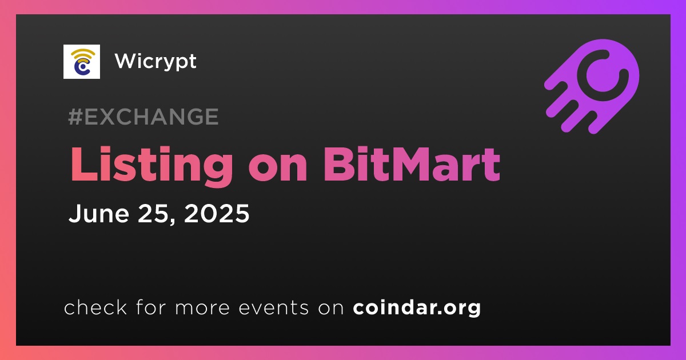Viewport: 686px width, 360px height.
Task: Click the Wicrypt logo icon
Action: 81,62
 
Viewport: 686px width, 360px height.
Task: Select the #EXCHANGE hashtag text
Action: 143,117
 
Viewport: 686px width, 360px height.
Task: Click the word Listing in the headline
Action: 151,165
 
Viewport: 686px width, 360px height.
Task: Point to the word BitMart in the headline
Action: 412,164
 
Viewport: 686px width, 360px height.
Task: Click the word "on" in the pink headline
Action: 278,169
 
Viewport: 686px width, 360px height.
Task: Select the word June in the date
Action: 98,213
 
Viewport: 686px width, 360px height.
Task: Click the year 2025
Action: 217,213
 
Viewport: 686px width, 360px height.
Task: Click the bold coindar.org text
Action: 417,307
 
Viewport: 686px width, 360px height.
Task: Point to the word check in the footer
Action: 95,307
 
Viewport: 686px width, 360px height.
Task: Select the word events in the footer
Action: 273,307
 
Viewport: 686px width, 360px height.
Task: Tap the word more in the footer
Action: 202,308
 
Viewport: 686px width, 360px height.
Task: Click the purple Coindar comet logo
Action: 592,86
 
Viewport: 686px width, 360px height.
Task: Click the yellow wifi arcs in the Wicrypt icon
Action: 83,55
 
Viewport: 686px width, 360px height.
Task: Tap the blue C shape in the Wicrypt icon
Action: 81,67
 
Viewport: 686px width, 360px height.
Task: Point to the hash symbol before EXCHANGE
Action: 75,117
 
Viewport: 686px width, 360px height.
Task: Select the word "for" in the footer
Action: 151,307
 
